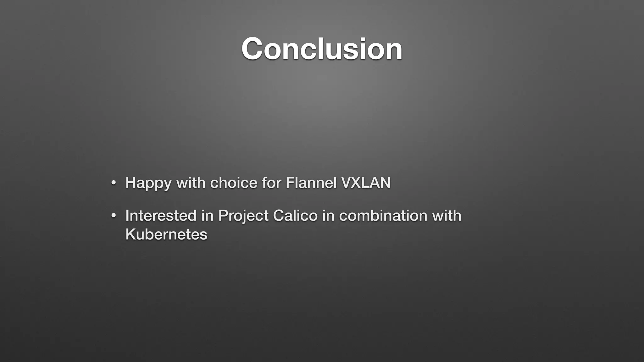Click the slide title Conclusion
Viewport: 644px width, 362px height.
tap(322, 49)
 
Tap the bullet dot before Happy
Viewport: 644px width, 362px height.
tap(114, 183)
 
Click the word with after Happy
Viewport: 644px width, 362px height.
tap(191, 183)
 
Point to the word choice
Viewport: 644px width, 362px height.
tap(234, 183)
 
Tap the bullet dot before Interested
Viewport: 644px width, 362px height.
tap(114, 216)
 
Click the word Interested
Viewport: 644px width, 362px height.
tap(161, 216)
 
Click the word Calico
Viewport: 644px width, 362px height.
tap(295, 216)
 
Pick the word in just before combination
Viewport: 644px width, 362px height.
tap(328, 216)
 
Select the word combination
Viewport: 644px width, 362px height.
tap(383, 216)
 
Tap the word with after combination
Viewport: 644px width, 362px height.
tap(447, 216)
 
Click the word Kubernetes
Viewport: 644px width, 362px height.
tap(166, 234)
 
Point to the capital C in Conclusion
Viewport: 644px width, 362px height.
tap(252, 49)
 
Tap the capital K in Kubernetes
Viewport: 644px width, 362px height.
tap(130, 234)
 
